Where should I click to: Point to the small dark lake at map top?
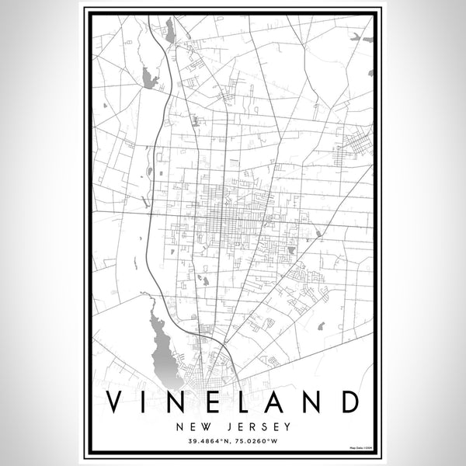(169, 32)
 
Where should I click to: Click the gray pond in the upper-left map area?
(149, 77)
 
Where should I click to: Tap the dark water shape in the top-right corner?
(356, 37)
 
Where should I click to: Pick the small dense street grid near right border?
(358, 144)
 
